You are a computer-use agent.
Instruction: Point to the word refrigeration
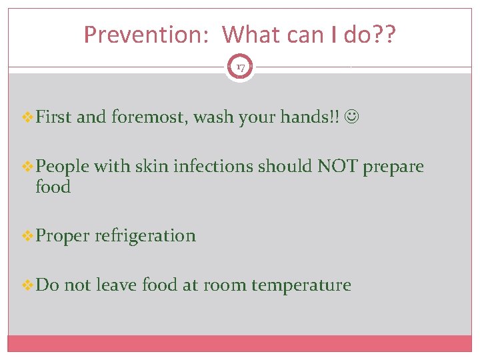[x=145, y=235]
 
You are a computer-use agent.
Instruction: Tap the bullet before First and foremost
[x=27, y=118]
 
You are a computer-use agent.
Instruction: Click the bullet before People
[x=27, y=166]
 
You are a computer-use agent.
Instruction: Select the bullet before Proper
[x=27, y=235]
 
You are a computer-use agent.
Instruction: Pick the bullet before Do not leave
[x=27, y=285]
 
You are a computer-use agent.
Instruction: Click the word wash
[x=213, y=118]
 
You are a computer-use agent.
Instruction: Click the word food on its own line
[x=53, y=187]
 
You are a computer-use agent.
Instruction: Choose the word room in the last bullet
[x=225, y=285]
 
